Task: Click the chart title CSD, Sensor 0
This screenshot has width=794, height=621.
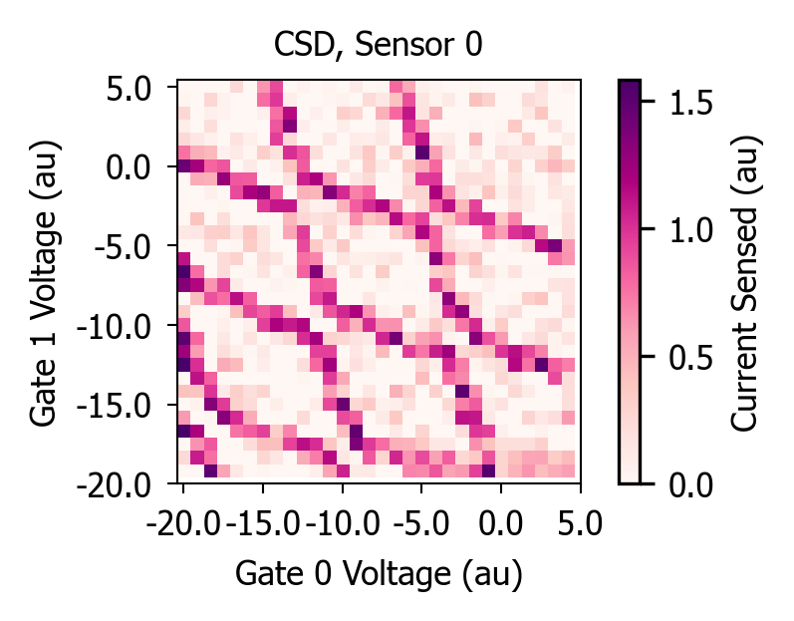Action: pyautogui.click(x=378, y=45)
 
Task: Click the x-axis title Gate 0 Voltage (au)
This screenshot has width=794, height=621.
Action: pyautogui.click(x=379, y=574)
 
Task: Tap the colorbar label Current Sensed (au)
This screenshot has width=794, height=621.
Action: pyautogui.click(x=744, y=285)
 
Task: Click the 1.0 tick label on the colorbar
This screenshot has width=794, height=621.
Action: pyautogui.click(x=690, y=230)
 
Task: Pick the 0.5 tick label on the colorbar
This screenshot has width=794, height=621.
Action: pyautogui.click(x=690, y=358)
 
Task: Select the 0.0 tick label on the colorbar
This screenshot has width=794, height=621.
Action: pyautogui.click(x=690, y=485)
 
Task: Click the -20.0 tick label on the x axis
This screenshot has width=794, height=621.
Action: pyautogui.click(x=183, y=523)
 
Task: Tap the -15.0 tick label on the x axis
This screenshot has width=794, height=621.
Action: pyautogui.click(x=263, y=523)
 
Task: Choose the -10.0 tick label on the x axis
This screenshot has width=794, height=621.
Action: pyautogui.click(x=343, y=523)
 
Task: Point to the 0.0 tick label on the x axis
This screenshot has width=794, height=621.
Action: pyautogui.click(x=501, y=523)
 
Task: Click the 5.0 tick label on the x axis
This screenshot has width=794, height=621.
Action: pyautogui.click(x=581, y=523)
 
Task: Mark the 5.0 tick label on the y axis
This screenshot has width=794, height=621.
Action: pyautogui.click(x=129, y=89)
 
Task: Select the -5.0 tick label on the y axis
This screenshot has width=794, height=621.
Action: pyautogui.click(x=122, y=247)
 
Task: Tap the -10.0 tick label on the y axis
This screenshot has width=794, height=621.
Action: pyautogui.click(x=114, y=327)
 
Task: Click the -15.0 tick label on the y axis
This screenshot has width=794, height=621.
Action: pyautogui.click(x=114, y=407)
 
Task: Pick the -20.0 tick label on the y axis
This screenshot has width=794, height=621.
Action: pyautogui.click(x=114, y=485)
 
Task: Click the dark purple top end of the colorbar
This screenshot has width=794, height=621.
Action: pyautogui.click(x=630, y=83)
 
